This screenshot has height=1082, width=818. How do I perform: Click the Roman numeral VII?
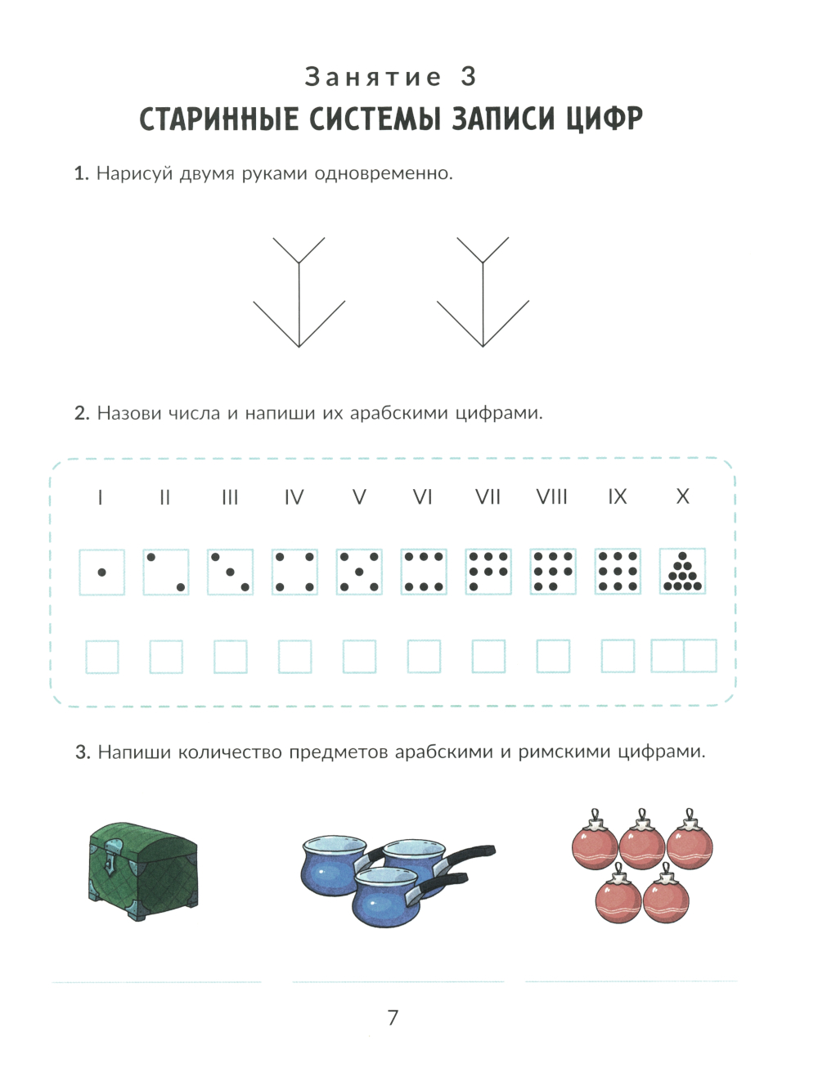488,496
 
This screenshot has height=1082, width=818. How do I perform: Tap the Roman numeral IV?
294,497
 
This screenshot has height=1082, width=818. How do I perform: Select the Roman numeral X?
682,496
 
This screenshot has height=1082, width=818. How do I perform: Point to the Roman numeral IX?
618,496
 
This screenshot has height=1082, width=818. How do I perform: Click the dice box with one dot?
101,572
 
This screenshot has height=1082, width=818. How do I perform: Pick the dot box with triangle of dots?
682,571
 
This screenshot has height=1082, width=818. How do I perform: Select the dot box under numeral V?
359,572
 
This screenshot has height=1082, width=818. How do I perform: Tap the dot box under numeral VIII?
553,572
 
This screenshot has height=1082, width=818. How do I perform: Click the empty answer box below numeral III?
230,657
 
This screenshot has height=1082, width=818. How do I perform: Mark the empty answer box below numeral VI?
424,656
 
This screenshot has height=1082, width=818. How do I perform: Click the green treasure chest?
143,870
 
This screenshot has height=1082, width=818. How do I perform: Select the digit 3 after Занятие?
469,77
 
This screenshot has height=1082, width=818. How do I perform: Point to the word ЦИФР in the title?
605,119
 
